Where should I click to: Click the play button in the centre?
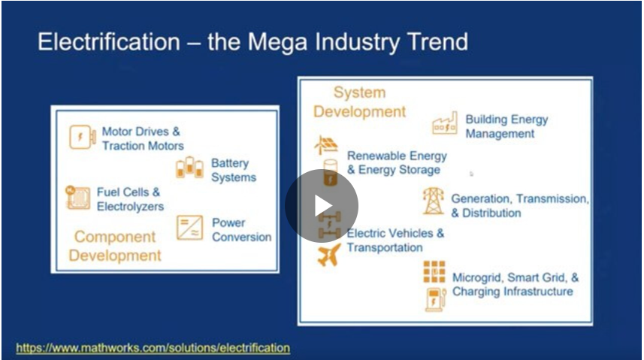322,205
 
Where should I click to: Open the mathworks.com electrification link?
153,348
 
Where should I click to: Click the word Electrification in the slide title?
109,42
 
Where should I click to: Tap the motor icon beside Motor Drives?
82,137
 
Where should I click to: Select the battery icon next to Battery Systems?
189,168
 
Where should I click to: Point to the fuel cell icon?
77,198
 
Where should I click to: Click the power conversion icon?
190,228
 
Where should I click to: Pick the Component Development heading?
114,247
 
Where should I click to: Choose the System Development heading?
360,102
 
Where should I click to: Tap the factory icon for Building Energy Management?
445,123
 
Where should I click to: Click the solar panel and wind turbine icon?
326,145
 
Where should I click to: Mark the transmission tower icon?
434,201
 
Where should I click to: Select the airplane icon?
329,255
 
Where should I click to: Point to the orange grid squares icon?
434,271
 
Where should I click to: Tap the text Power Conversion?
241,230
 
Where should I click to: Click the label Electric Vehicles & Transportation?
395,241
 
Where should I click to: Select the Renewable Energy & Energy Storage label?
398,163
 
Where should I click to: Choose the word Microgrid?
477,278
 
